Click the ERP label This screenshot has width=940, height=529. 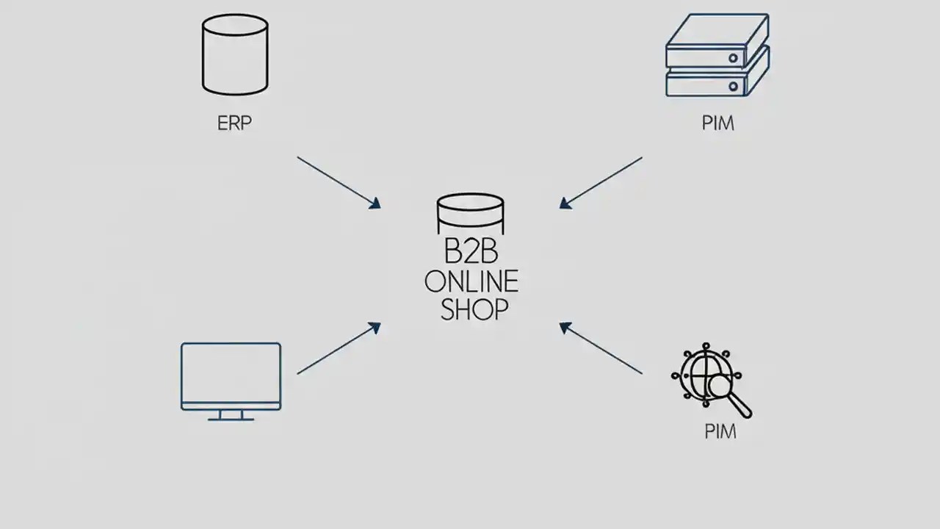pos(234,123)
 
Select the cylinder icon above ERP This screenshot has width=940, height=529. pos(235,55)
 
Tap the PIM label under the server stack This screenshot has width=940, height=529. pos(717,123)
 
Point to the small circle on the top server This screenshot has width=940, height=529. pos(732,55)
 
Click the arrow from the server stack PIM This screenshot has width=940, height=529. pos(601,183)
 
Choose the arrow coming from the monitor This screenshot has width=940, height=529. pos(339,348)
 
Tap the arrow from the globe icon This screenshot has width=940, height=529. pos(601,348)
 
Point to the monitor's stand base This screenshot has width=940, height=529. pos(231,418)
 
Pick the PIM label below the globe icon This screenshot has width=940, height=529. pos(720,431)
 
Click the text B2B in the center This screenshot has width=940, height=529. pos(471,252)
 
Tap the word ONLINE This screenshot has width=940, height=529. pos(471,281)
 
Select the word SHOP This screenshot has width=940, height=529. pos(474,309)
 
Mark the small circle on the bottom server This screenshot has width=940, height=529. pos(732,86)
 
